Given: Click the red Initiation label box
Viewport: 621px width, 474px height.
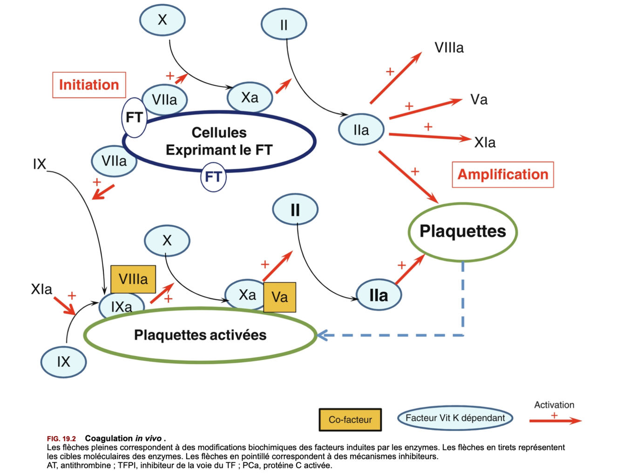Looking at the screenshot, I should click(x=89, y=85).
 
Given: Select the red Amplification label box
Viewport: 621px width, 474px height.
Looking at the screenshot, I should click(x=503, y=175).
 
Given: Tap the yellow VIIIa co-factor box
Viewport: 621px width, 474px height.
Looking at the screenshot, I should click(x=133, y=279).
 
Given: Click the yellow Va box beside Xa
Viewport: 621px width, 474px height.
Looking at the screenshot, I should click(x=280, y=297).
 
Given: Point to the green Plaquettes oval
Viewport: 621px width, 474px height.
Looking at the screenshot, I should click(x=463, y=231).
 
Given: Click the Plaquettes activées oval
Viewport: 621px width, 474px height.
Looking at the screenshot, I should click(x=200, y=335).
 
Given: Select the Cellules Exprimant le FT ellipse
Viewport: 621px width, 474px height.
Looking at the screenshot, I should click(x=219, y=141).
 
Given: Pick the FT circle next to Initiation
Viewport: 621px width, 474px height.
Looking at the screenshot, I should click(x=134, y=117).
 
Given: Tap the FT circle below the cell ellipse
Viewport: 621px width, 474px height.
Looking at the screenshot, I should click(x=213, y=177).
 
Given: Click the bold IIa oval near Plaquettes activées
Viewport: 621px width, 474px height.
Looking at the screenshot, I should click(x=378, y=295).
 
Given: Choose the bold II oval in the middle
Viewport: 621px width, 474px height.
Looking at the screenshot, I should click(x=295, y=210).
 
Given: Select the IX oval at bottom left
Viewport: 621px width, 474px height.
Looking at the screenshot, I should click(x=63, y=362).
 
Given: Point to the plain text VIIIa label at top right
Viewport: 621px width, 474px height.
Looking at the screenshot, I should click(x=449, y=48).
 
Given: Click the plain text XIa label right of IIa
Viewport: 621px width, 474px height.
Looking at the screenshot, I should click(x=485, y=142).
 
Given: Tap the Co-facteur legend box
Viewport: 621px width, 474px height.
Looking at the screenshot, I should click(x=350, y=420).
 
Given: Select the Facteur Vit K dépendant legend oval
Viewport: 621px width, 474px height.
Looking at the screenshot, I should click(x=455, y=418).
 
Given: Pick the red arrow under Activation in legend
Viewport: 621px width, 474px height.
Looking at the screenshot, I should click(x=555, y=421).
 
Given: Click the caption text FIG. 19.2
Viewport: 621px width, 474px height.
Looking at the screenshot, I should click(x=61, y=439).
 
